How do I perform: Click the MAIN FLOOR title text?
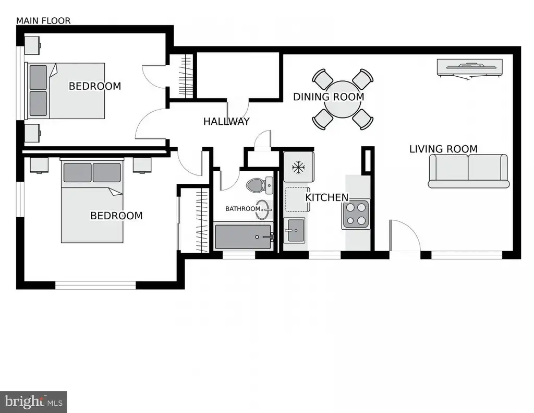pyautogui.click(x=43, y=21)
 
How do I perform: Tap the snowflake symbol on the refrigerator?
pyautogui.click(x=298, y=168)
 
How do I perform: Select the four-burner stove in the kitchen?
pyautogui.click(x=356, y=214)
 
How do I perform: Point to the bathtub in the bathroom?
pyautogui.click(x=244, y=237)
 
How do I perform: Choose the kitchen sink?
pyautogui.click(x=294, y=230)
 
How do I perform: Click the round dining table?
pyautogui.click(x=343, y=99)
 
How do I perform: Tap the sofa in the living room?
pyautogui.click(x=469, y=171)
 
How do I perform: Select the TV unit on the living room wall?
pyautogui.click(x=470, y=67)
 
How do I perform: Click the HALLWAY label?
pyautogui.click(x=226, y=122)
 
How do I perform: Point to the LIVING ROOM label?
pyautogui.click(x=443, y=149)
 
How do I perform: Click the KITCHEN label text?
pyautogui.click(x=326, y=197)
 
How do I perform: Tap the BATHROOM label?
pyautogui.click(x=243, y=209)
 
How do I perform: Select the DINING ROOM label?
pyautogui.click(x=329, y=97)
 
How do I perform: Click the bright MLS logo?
pyautogui.click(x=33, y=402)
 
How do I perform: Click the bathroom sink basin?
pyautogui.click(x=263, y=209)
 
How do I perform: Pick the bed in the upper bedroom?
pyautogui.click(x=65, y=91)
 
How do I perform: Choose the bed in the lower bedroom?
pyautogui.click(x=92, y=200)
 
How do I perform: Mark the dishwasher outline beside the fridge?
pyautogui.click(x=296, y=199)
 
